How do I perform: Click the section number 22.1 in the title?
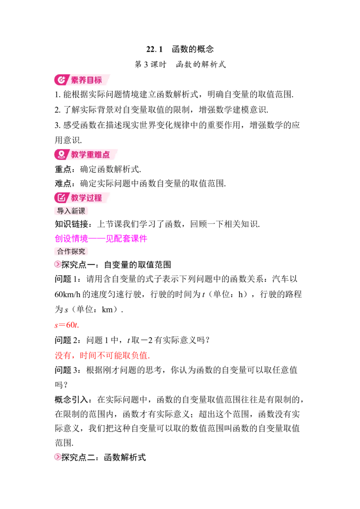pyautogui.click(x=154, y=49)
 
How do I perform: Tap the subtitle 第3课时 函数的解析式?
pyautogui.click(x=180, y=64)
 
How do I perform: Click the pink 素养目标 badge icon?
pyautogui.click(x=61, y=80)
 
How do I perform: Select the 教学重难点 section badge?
pyautogui.click(x=85, y=155)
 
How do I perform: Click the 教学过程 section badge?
pyautogui.click(x=82, y=198)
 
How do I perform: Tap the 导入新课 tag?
pyautogui.click(x=71, y=211)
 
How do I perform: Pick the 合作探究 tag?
pyautogui.click(x=71, y=251)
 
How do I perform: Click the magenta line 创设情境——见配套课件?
pyautogui.click(x=101, y=239)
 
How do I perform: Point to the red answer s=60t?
pyautogui.click(x=67, y=325)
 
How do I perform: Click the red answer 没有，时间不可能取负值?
pyautogui.click(x=102, y=356)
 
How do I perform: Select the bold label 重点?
pyautogui.click(x=63, y=169)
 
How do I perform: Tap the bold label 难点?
pyautogui.click(x=63, y=183)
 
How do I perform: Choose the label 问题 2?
pyautogui.click(x=67, y=340)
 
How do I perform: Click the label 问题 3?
pyautogui.click(x=67, y=370)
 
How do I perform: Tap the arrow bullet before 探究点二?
pyautogui.click(x=58, y=457)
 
